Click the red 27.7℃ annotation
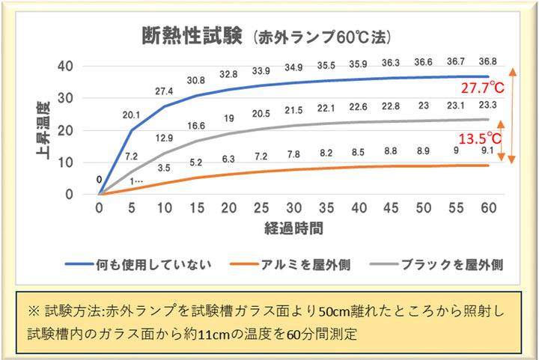482,88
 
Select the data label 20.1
132,115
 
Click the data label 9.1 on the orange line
488,150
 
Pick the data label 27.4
164,91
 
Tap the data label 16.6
196,126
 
